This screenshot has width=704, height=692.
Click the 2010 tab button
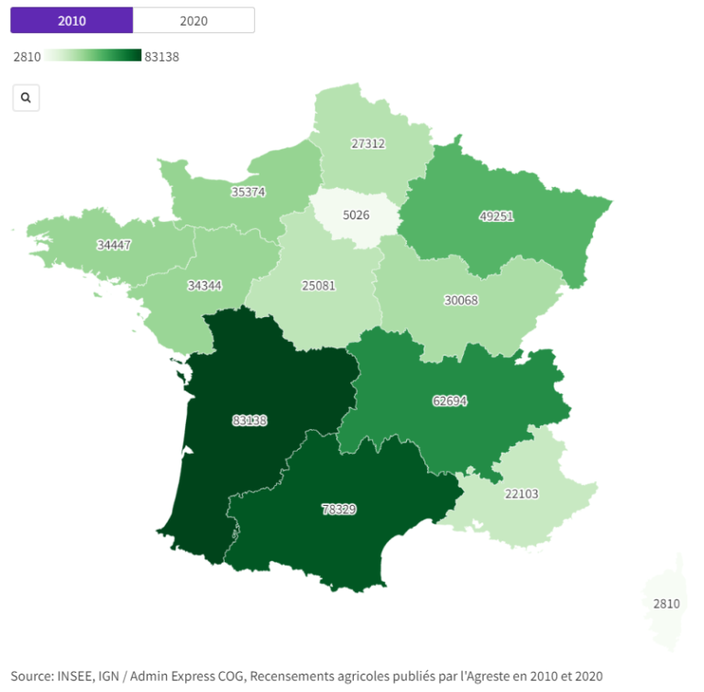71,19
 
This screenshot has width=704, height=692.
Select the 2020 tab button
193,19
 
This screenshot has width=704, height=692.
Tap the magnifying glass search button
26,97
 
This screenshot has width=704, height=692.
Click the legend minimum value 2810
27,57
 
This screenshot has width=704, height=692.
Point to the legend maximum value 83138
162,57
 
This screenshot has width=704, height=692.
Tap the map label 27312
368,144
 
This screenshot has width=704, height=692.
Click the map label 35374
248,192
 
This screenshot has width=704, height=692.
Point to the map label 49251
496,216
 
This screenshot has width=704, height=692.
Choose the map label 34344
204,285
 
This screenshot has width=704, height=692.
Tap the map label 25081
318,285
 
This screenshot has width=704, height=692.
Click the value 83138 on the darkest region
249,421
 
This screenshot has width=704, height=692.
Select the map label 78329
338,508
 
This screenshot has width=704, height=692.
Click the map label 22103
522,494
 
